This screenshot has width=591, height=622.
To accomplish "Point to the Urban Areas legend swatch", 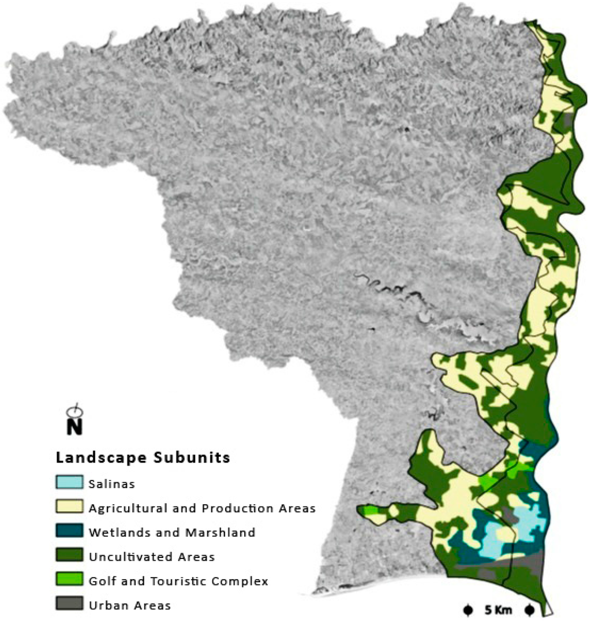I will (x=70, y=605).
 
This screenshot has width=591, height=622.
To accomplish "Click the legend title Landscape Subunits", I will (x=143, y=458).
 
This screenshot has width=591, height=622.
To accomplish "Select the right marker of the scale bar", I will (x=529, y=610).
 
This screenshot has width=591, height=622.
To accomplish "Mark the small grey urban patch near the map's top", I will (x=568, y=120).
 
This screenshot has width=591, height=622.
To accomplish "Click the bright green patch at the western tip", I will (x=369, y=511).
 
